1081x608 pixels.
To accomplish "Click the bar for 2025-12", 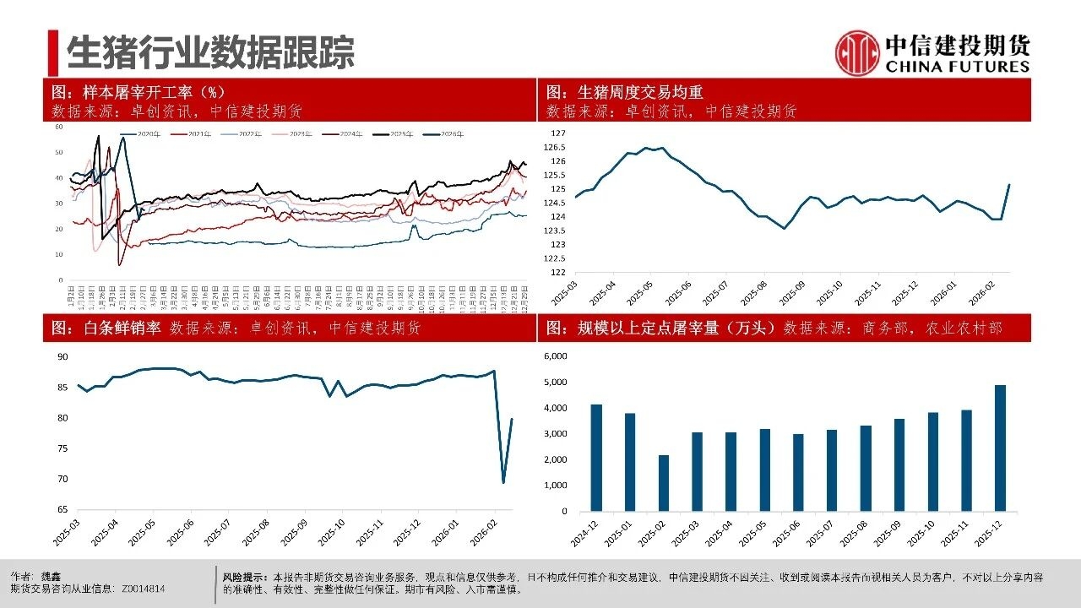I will tap(1000, 448).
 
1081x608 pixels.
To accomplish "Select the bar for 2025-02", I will tap(664, 483).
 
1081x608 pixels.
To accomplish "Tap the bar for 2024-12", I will tap(596, 458).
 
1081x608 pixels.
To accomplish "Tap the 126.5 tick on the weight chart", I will tap(557, 148).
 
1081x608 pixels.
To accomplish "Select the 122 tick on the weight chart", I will tap(559, 273).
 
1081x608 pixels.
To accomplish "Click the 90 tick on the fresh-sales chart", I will tap(62, 357).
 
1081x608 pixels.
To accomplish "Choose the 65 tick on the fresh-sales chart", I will tap(62, 510).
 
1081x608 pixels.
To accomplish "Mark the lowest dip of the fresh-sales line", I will tap(503, 482).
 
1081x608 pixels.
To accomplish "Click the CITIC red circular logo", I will tap(857, 52).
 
